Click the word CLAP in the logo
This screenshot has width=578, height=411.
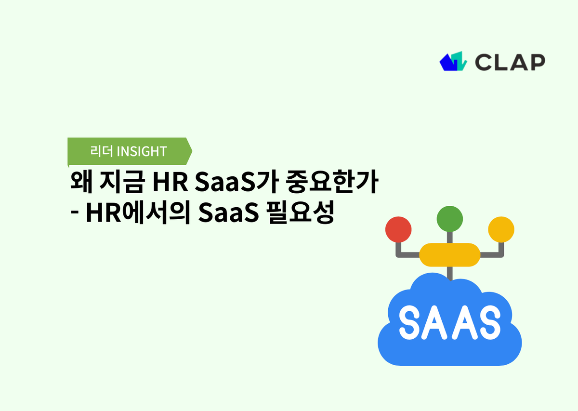pyautogui.click(x=510, y=62)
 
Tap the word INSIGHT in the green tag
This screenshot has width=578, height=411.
pyautogui.click(x=142, y=151)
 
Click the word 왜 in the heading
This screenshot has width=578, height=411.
pyautogui.click(x=80, y=184)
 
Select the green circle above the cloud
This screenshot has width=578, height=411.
pyautogui.click(x=449, y=219)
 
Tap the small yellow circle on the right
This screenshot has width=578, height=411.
pyautogui.click(x=501, y=229)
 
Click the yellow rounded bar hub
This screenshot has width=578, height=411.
pyautogui.click(x=449, y=255)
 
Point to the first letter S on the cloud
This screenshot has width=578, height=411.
pyautogui.click(x=410, y=320)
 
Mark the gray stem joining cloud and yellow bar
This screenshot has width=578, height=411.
pyautogui.click(x=449, y=273)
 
